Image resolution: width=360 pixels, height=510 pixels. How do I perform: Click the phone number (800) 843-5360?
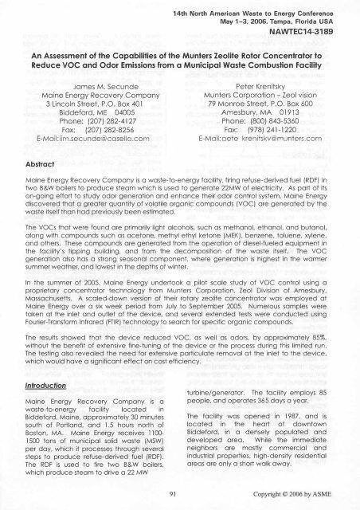click(x=272, y=124)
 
